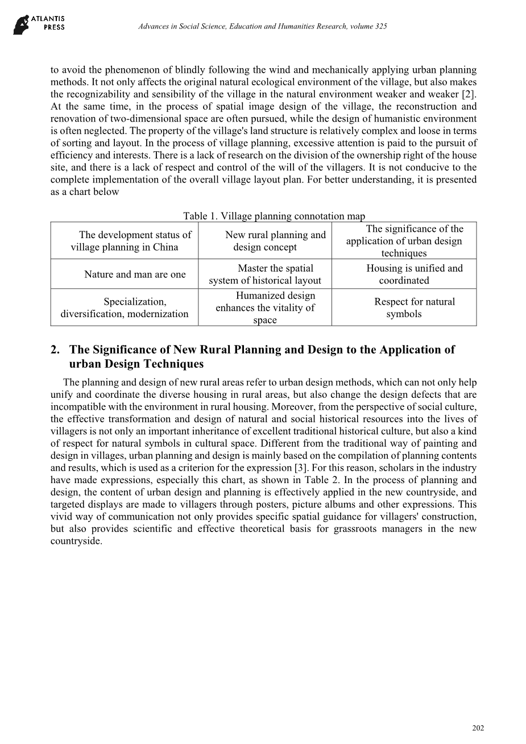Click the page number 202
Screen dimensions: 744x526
pyautogui.click(x=478, y=728)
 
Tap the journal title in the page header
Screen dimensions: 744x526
pyautogui.click(x=263, y=27)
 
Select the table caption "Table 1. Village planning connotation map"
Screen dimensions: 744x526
pyautogui.click(x=274, y=216)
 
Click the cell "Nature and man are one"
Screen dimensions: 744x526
pyautogui.click(x=135, y=275)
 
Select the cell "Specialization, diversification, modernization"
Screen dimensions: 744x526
pyautogui.click(x=125, y=307)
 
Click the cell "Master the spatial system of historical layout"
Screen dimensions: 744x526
pyautogui.click(x=265, y=275)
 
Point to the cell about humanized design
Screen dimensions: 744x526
pyautogui.click(x=265, y=307)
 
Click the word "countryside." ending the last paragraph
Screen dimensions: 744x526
pyautogui.click(x=76, y=541)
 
